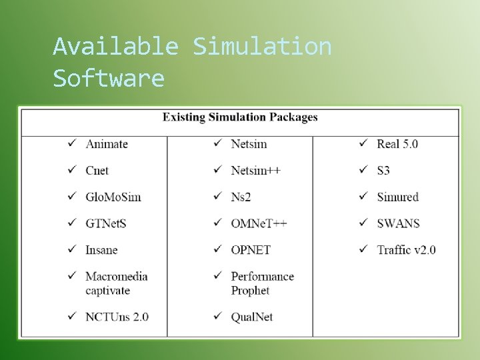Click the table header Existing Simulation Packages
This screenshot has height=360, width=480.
240,117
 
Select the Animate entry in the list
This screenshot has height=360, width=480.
106,144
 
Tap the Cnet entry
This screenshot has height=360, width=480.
97,171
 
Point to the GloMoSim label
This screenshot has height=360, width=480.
113,197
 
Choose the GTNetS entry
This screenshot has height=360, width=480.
105,223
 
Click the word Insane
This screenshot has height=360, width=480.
101,250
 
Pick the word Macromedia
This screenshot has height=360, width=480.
116,277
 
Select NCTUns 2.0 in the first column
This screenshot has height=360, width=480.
117,317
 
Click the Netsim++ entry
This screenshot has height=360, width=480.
255,171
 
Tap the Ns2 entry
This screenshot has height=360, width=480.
240,197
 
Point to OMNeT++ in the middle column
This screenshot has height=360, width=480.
259,223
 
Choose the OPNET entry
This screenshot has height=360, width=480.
251,250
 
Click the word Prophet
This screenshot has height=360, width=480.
250,291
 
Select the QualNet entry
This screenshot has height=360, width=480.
251,317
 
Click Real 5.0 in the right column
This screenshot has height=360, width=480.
397,144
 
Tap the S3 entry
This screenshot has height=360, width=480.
383,171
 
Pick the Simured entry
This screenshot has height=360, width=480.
397,197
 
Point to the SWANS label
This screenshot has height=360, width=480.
398,223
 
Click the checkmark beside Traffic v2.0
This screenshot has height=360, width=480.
363,249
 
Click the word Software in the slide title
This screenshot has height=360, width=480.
109,79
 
